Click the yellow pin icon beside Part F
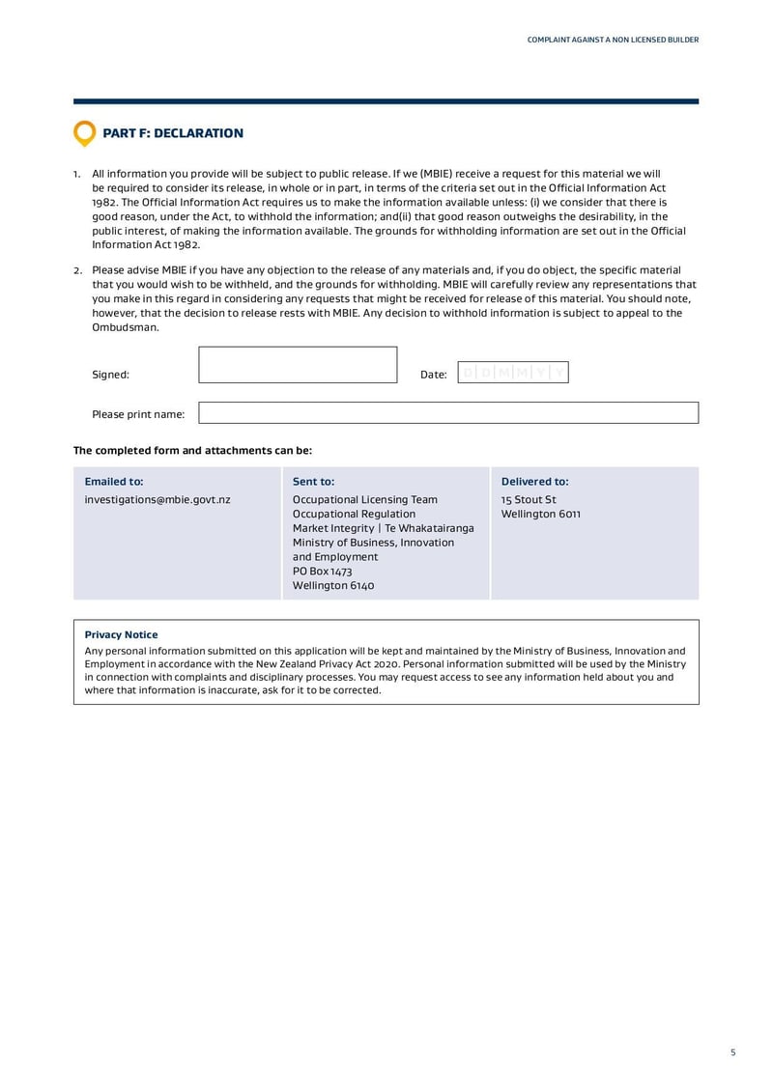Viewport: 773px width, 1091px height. pyautogui.click(x=85, y=133)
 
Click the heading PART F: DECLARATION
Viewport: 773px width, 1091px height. pyautogui.click(x=173, y=133)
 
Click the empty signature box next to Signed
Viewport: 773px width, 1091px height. pyautogui.click(x=298, y=365)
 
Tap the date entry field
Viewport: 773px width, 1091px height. pyautogui.click(x=512, y=374)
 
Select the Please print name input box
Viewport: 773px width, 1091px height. pyautogui.click(x=447, y=413)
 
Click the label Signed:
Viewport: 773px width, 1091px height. pyautogui.click(x=110, y=375)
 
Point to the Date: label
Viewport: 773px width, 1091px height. pyautogui.click(x=434, y=375)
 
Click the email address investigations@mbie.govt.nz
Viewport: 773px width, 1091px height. pyautogui.click(x=157, y=500)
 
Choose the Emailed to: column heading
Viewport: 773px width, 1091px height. pyautogui.click(x=114, y=482)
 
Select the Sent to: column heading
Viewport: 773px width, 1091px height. pyautogui.click(x=313, y=482)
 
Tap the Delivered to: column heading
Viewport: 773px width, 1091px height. pyautogui.click(x=534, y=482)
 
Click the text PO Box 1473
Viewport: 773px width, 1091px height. pyautogui.click(x=323, y=572)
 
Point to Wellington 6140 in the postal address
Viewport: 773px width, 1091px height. pyautogui.click(x=333, y=586)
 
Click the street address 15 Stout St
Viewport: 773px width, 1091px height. pyautogui.click(x=529, y=500)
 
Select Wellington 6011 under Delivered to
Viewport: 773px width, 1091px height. pyautogui.click(x=541, y=515)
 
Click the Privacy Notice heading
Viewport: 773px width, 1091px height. pyautogui.click(x=121, y=635)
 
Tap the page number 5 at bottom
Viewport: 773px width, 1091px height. pyautogui.click(x=732, y=1052)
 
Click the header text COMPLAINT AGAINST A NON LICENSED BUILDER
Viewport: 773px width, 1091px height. pyautogui.click(x=613, y=40)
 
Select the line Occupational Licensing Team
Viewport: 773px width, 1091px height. pyautogui.click(x=365, y=500)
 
